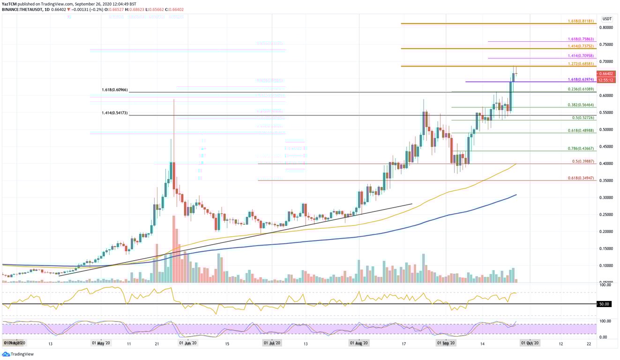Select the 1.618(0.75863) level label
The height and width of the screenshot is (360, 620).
tap(580, 39)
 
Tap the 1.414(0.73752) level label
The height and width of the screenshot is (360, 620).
tap(580, 46)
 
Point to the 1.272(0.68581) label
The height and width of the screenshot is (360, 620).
tap(580, 64)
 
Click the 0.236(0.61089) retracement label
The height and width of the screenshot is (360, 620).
tap(580, 89)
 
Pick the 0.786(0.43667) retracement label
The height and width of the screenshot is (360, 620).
tap(580, 149)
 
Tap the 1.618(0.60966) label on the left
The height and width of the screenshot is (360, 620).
tap(114, 90)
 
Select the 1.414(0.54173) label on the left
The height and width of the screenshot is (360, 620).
tap(114, 113)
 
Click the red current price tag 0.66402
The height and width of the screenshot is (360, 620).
tap(607, 74)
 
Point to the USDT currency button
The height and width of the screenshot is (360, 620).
tap(607, 19)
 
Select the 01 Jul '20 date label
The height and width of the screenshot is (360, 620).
tap(272, 343)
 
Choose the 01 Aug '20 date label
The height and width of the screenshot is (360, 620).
tap(359, 343)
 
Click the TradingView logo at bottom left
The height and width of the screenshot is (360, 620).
tap(14, 354)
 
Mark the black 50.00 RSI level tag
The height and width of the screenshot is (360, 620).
tap(604, 304)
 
